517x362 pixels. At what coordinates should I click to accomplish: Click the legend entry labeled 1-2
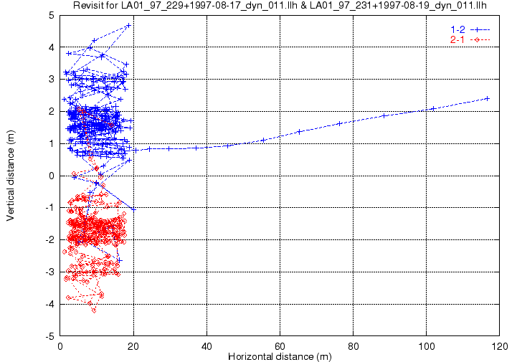456,29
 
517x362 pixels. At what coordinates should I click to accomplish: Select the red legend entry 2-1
456,39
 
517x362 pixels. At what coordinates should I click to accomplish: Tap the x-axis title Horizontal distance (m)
280,356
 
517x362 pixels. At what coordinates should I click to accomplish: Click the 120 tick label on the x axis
500,345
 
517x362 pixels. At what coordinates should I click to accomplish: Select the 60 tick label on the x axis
280,345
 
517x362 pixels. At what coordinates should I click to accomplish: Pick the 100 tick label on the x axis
427,345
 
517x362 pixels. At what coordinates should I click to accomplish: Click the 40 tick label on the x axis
207,345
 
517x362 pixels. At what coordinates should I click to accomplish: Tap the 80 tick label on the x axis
354,345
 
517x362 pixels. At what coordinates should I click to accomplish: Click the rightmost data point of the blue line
488,98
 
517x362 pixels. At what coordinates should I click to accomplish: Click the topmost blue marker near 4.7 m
128,25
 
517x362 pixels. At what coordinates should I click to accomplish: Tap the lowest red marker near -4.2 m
93,310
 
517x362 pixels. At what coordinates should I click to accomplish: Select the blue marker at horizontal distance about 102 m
433,108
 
